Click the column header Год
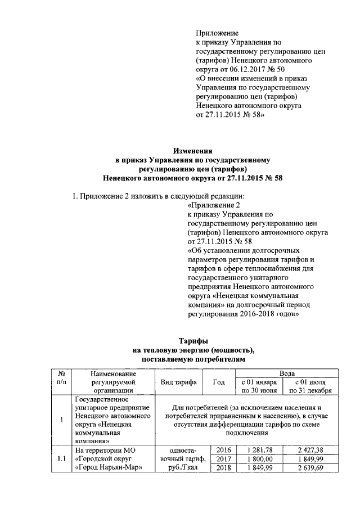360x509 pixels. (x=218, y=382)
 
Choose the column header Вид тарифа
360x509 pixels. (x=179, y=382)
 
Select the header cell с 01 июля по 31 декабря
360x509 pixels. (x=310, y=386)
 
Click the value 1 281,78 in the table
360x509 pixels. (x=256, y=450)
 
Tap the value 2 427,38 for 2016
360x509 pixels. (x=310, y=450)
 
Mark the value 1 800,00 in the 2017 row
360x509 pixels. (x=256, y=459)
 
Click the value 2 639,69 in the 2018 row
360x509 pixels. (x=310, y=468)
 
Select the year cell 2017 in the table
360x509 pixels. (x=224, y=459)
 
